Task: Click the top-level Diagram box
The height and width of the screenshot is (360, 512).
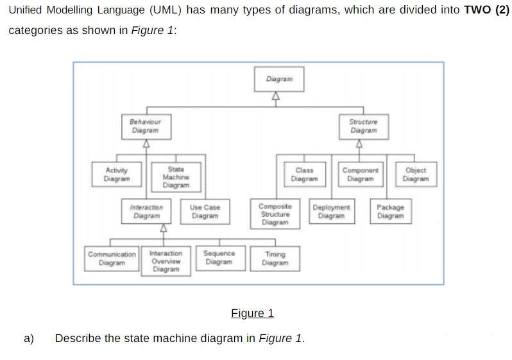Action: coord(278,79)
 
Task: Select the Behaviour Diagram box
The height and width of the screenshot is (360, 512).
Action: coord(145,126)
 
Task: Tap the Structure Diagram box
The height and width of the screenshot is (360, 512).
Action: coord(363,126)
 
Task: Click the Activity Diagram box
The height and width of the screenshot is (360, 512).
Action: coord(116,175)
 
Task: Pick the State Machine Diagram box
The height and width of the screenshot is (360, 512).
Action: coord(175,177)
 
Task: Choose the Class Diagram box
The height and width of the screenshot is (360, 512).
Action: coord(304,175)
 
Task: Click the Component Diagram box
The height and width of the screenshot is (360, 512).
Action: coord(361,175)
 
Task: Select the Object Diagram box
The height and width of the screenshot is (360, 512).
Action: coord(415,175)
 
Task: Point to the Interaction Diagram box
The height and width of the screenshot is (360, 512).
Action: coord(146,212)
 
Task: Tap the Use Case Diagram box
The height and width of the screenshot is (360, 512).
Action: coord(205,212)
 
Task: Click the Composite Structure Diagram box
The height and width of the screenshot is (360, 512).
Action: coord(275,214)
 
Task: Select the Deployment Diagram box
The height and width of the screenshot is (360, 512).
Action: coord(332,212)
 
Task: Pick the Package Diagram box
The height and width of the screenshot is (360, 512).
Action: coord(390,212)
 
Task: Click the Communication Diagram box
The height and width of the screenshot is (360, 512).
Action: coord(112,258)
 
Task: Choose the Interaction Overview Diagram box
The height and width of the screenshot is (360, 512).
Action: coord(166,261)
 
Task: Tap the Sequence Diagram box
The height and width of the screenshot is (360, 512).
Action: coord(219,257)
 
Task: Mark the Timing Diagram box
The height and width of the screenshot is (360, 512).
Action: coord(275,258)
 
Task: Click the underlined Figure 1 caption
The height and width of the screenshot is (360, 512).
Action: coord(252,313)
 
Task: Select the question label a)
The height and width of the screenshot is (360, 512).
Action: coord(29,338)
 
